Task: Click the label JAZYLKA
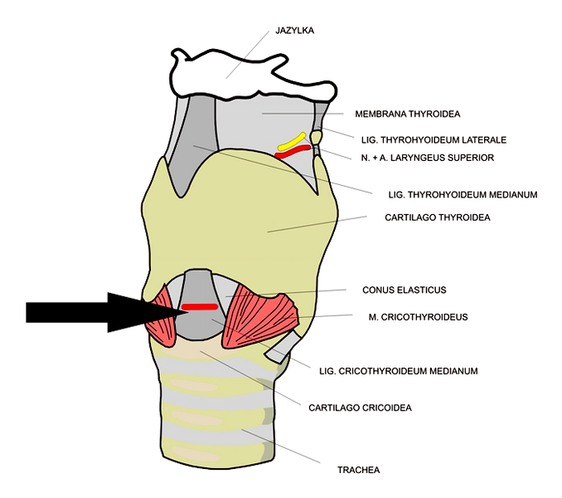tap(295, 31)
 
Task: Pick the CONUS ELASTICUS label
tap(404, 290)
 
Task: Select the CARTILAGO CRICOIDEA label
tap(360, 408)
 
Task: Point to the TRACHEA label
tap(358, 470)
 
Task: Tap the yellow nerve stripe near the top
tap(292, 142)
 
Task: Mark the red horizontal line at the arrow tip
tap(199, 308)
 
